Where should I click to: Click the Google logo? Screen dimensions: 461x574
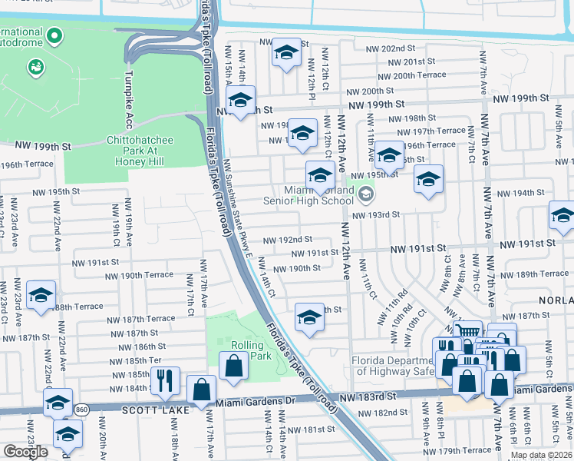point(25,451)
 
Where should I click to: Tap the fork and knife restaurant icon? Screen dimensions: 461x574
point(165,379)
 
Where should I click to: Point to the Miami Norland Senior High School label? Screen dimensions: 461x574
point(308,195)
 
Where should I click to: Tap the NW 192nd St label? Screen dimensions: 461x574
point(287,240)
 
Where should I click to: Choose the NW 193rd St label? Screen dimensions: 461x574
point(376,214)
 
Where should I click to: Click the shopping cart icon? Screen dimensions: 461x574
point(467,331)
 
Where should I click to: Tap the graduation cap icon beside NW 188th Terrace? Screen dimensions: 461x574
point(41,294)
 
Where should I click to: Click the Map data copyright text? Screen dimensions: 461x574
point(541,454)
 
